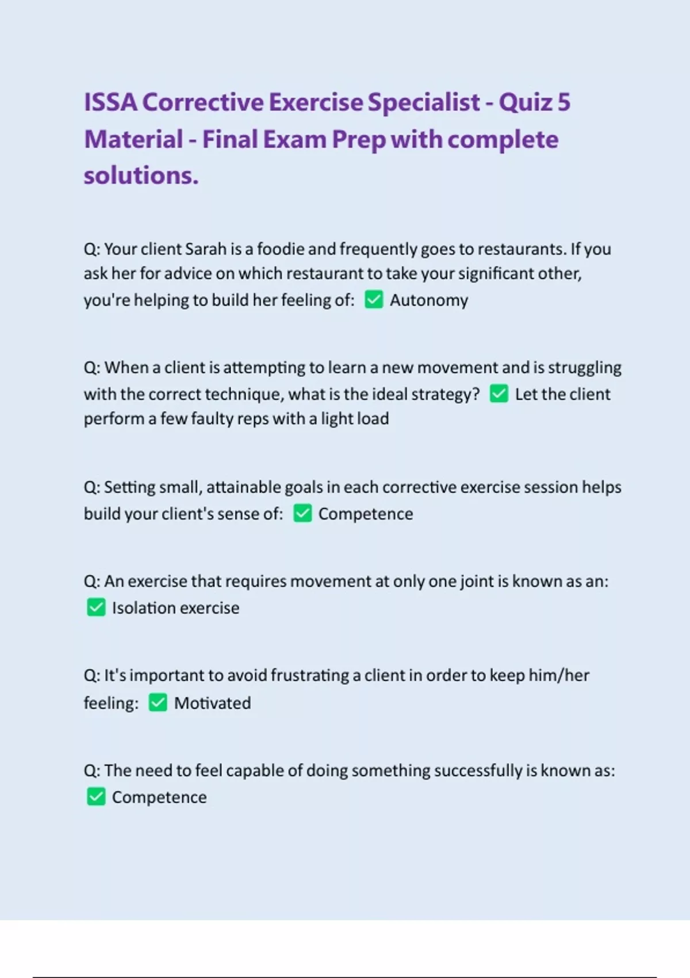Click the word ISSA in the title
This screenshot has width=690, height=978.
pos(110,102)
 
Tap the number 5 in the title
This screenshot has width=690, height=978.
pos(563,102)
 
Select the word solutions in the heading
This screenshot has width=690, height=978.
pos(141,175)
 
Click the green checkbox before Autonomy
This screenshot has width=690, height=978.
pos(374,299)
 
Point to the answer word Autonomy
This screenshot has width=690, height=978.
pos(429,300)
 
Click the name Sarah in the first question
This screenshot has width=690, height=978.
pos(205,249)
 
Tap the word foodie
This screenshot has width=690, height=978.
pos(281,249)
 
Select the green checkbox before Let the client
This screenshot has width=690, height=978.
pos(499,394)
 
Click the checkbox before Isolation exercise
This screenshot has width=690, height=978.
pos(96,608)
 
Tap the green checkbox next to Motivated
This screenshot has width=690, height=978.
pos(158,702)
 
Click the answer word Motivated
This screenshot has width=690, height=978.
pos(212,703)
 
